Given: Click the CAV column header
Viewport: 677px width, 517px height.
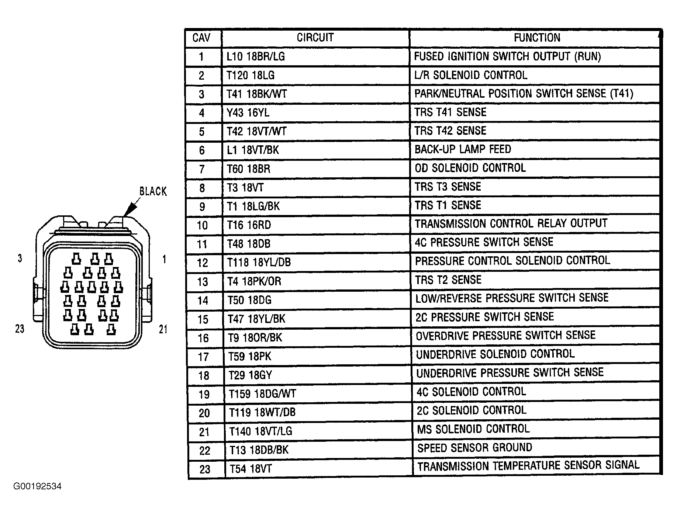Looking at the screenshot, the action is click(201, 38).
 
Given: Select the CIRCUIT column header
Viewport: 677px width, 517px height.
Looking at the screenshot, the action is click(315, 38).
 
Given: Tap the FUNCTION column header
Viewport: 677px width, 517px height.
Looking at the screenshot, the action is click(537, 38).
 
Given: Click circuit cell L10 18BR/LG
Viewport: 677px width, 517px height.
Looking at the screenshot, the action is click(256, 56).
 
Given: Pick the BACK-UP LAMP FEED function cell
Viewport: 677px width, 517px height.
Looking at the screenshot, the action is click(463, 149).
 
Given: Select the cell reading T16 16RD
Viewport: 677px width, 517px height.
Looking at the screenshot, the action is click(249, 225).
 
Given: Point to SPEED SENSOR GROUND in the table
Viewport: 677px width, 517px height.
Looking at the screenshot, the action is click(474, 448).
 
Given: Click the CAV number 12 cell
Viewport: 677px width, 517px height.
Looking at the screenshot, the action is click(203, 263).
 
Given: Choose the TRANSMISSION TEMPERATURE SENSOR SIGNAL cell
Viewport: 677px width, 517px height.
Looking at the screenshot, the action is click(528, 466).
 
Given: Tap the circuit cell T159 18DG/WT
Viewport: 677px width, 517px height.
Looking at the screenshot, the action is click(262, 394).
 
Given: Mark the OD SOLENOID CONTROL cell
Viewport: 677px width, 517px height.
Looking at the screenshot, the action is click(470, 168).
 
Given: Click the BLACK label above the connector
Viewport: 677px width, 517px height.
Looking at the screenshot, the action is click(153, 191).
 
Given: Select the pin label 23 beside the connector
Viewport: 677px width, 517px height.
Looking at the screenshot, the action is click(20, 329).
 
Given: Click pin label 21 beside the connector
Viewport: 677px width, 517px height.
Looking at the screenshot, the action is click(163, 329).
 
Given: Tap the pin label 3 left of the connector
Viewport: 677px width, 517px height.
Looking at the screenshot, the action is click(20, 258).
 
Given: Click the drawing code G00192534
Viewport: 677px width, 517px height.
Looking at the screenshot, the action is click(37, 486).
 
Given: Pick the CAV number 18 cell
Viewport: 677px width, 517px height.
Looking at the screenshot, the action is click(204, 376).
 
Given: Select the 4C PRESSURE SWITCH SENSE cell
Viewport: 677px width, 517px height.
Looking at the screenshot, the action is click(484, 242).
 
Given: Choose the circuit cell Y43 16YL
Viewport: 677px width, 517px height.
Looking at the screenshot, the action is click(248, 113).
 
